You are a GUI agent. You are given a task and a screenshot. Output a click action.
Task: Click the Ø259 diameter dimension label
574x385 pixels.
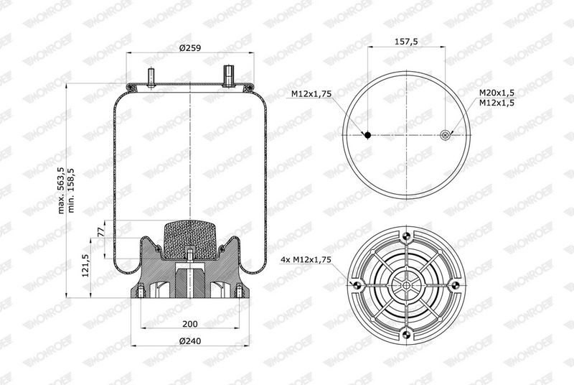click(x=190, y=47)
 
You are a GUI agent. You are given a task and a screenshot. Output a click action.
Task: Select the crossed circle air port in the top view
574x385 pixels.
click(x=446, y=134)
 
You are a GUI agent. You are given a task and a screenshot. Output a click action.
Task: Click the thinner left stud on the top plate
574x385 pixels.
click(x=153, y=77)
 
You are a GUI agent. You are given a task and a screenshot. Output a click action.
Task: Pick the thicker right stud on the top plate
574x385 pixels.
click(x=228, y=75)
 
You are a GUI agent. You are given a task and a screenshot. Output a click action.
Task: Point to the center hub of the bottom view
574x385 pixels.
click(x=406, y=285)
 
